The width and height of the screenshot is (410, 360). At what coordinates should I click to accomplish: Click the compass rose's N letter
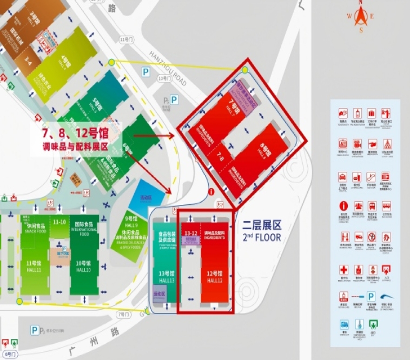coord(361,3)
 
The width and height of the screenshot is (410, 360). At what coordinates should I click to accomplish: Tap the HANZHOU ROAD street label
coord(171,69)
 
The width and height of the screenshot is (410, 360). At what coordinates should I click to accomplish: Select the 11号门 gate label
coord(126,39)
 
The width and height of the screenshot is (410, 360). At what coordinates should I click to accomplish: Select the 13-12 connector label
coord(190,233)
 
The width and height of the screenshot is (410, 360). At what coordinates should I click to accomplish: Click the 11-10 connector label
coord(59,222)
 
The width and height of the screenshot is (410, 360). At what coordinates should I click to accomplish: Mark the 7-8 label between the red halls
coord(221,157)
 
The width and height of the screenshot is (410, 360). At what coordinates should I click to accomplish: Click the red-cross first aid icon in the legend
coord(343,269)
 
